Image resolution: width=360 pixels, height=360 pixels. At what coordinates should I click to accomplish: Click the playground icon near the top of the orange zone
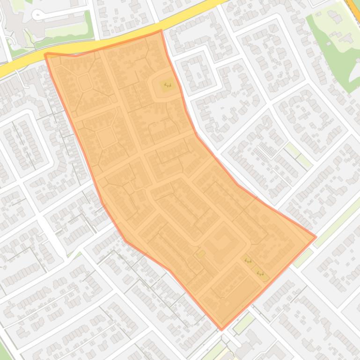tap(167, 85)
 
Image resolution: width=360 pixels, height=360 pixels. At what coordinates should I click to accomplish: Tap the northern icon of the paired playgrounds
tap(248, 260)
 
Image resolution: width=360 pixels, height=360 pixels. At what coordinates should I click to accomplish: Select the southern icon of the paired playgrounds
tap(260, 273)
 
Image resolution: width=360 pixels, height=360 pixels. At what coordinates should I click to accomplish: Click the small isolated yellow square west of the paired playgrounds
tap(201, 254)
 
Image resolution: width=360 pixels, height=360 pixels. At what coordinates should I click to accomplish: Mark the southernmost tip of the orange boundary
tap(222, 329)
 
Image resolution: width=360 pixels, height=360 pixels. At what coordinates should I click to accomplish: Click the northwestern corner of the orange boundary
tap(45, 54)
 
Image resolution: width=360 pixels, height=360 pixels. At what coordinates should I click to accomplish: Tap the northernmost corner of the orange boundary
tap(161, 31)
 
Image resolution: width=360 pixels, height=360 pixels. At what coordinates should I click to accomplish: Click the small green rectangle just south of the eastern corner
tap(303, 257)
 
